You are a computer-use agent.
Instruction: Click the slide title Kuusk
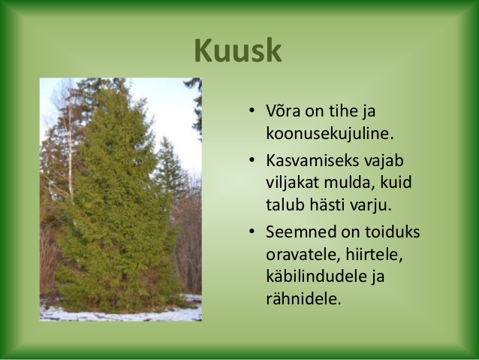tap(238, 50)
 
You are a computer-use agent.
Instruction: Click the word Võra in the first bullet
tap(283, 110)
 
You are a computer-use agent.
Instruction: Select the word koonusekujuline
tap(330, 134)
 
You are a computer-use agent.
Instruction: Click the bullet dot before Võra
tap(252, 110)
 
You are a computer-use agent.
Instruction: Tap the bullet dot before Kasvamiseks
tap(252, 160)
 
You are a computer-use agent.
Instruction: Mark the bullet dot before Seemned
tap(252, 231)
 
